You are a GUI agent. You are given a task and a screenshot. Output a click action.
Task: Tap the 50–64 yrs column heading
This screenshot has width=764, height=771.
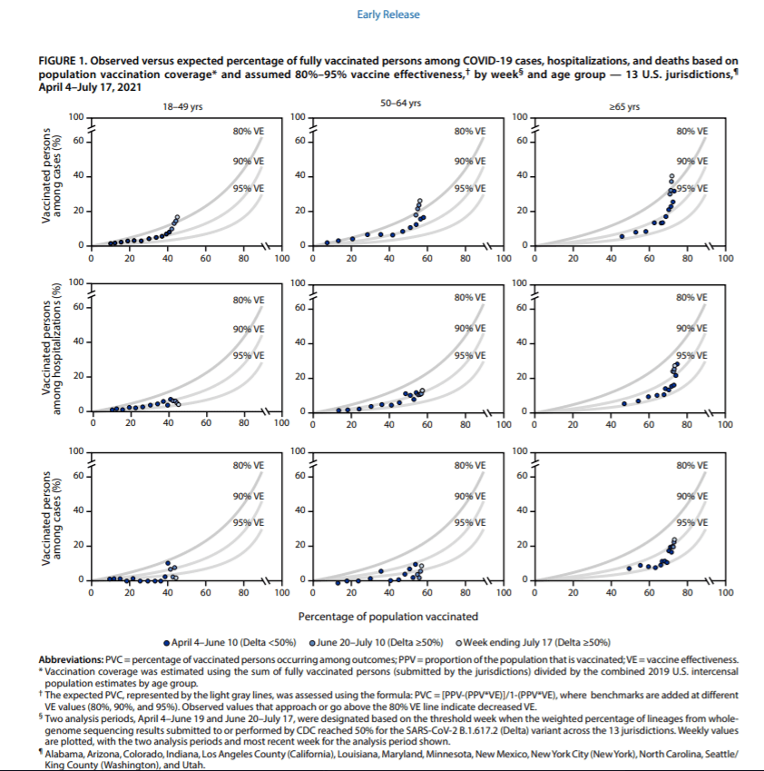pyautogui.click(x=400, y=105)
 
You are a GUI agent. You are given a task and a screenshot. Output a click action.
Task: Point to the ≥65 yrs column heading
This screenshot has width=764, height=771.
pyautogui.click(x=625, y=106)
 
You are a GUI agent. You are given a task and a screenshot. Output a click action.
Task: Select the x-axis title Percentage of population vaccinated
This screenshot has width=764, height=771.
pyautogui.click(x=388, y=618)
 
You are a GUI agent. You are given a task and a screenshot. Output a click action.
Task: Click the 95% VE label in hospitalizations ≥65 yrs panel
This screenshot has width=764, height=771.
pyautogui.click(x=691, y=355)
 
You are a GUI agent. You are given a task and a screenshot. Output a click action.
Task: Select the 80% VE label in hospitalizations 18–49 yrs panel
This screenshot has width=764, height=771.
pyautogui.click(x=248, y=300)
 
